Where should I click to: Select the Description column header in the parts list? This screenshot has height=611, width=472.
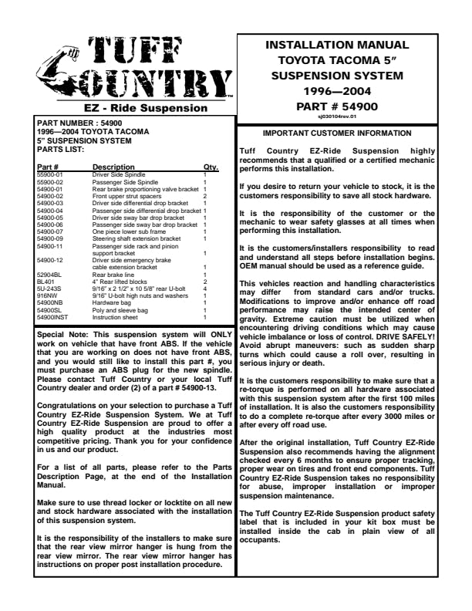pyautogui.click(x=113, y=167)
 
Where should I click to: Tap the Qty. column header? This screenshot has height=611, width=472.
pyautogui.click(x=211, y=167)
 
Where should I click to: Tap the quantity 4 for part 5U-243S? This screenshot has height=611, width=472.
pyautogui.click(x=204, y=289)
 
